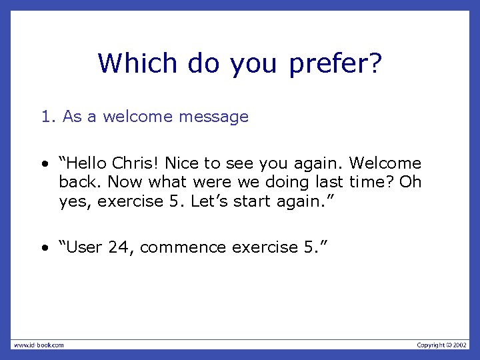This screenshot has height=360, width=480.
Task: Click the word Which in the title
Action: coord(137,64)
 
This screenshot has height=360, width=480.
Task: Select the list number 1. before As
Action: coord(48,117)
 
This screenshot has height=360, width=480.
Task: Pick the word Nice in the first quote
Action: coord(181,163)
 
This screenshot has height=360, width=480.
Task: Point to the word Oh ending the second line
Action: coord(410,182)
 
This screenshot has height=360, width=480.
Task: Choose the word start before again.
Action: coord(255,201)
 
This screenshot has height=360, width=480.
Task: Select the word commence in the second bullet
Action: coord(183,247)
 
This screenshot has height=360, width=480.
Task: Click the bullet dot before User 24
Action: coord(43,248)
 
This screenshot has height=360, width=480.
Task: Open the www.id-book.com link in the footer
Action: coord(38,345)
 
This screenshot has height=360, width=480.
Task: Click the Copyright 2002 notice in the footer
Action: coord(442,345)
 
